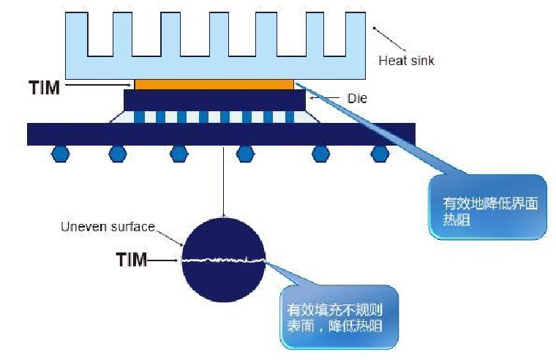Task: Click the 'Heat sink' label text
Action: tap(405, 61)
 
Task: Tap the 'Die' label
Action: tap(358, 98)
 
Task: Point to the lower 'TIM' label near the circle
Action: tap(132, 258)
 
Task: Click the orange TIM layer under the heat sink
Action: tap(214, 84)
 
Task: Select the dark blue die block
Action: tap(214, 100)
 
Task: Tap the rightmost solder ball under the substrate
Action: tap(378, 153)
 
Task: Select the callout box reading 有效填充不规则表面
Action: tap(339, 317)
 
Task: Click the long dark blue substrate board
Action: tap(221, 134)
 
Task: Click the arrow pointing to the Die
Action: tap(328, 97)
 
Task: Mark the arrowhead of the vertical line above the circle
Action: tap(223, 215)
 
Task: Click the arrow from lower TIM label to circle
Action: tap(165, 258)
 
